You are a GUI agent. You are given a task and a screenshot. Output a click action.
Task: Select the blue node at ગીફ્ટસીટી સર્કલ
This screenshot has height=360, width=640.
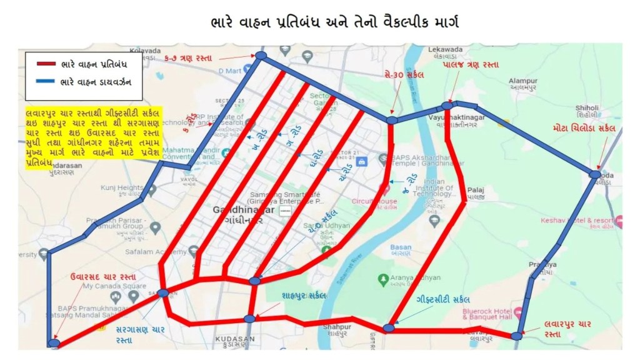coord(389,327)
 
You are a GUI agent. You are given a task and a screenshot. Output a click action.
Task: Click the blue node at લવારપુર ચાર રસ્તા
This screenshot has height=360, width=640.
coord(516,336)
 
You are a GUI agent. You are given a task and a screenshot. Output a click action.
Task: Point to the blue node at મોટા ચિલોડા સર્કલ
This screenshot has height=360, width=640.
coord(594,174)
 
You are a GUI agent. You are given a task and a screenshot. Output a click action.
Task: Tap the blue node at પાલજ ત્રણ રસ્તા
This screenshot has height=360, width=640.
coord(447,106)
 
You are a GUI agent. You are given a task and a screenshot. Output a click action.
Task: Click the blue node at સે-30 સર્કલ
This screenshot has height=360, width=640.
coord(391,120)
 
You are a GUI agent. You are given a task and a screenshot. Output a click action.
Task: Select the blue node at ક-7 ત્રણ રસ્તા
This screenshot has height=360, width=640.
coord(261,56)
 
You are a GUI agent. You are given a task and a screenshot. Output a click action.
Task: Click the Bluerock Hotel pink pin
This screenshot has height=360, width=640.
coord(517,311)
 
